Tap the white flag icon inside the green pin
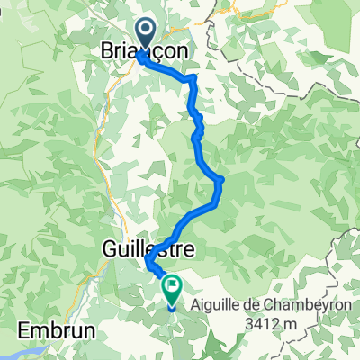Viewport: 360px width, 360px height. pos(171,286)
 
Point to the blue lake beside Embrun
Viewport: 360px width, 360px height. pos(27,346)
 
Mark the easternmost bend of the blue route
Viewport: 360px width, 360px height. pos(220,180)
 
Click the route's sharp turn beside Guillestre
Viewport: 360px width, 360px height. pos(147,262)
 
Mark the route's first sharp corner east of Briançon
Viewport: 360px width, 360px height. pos(192,79)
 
